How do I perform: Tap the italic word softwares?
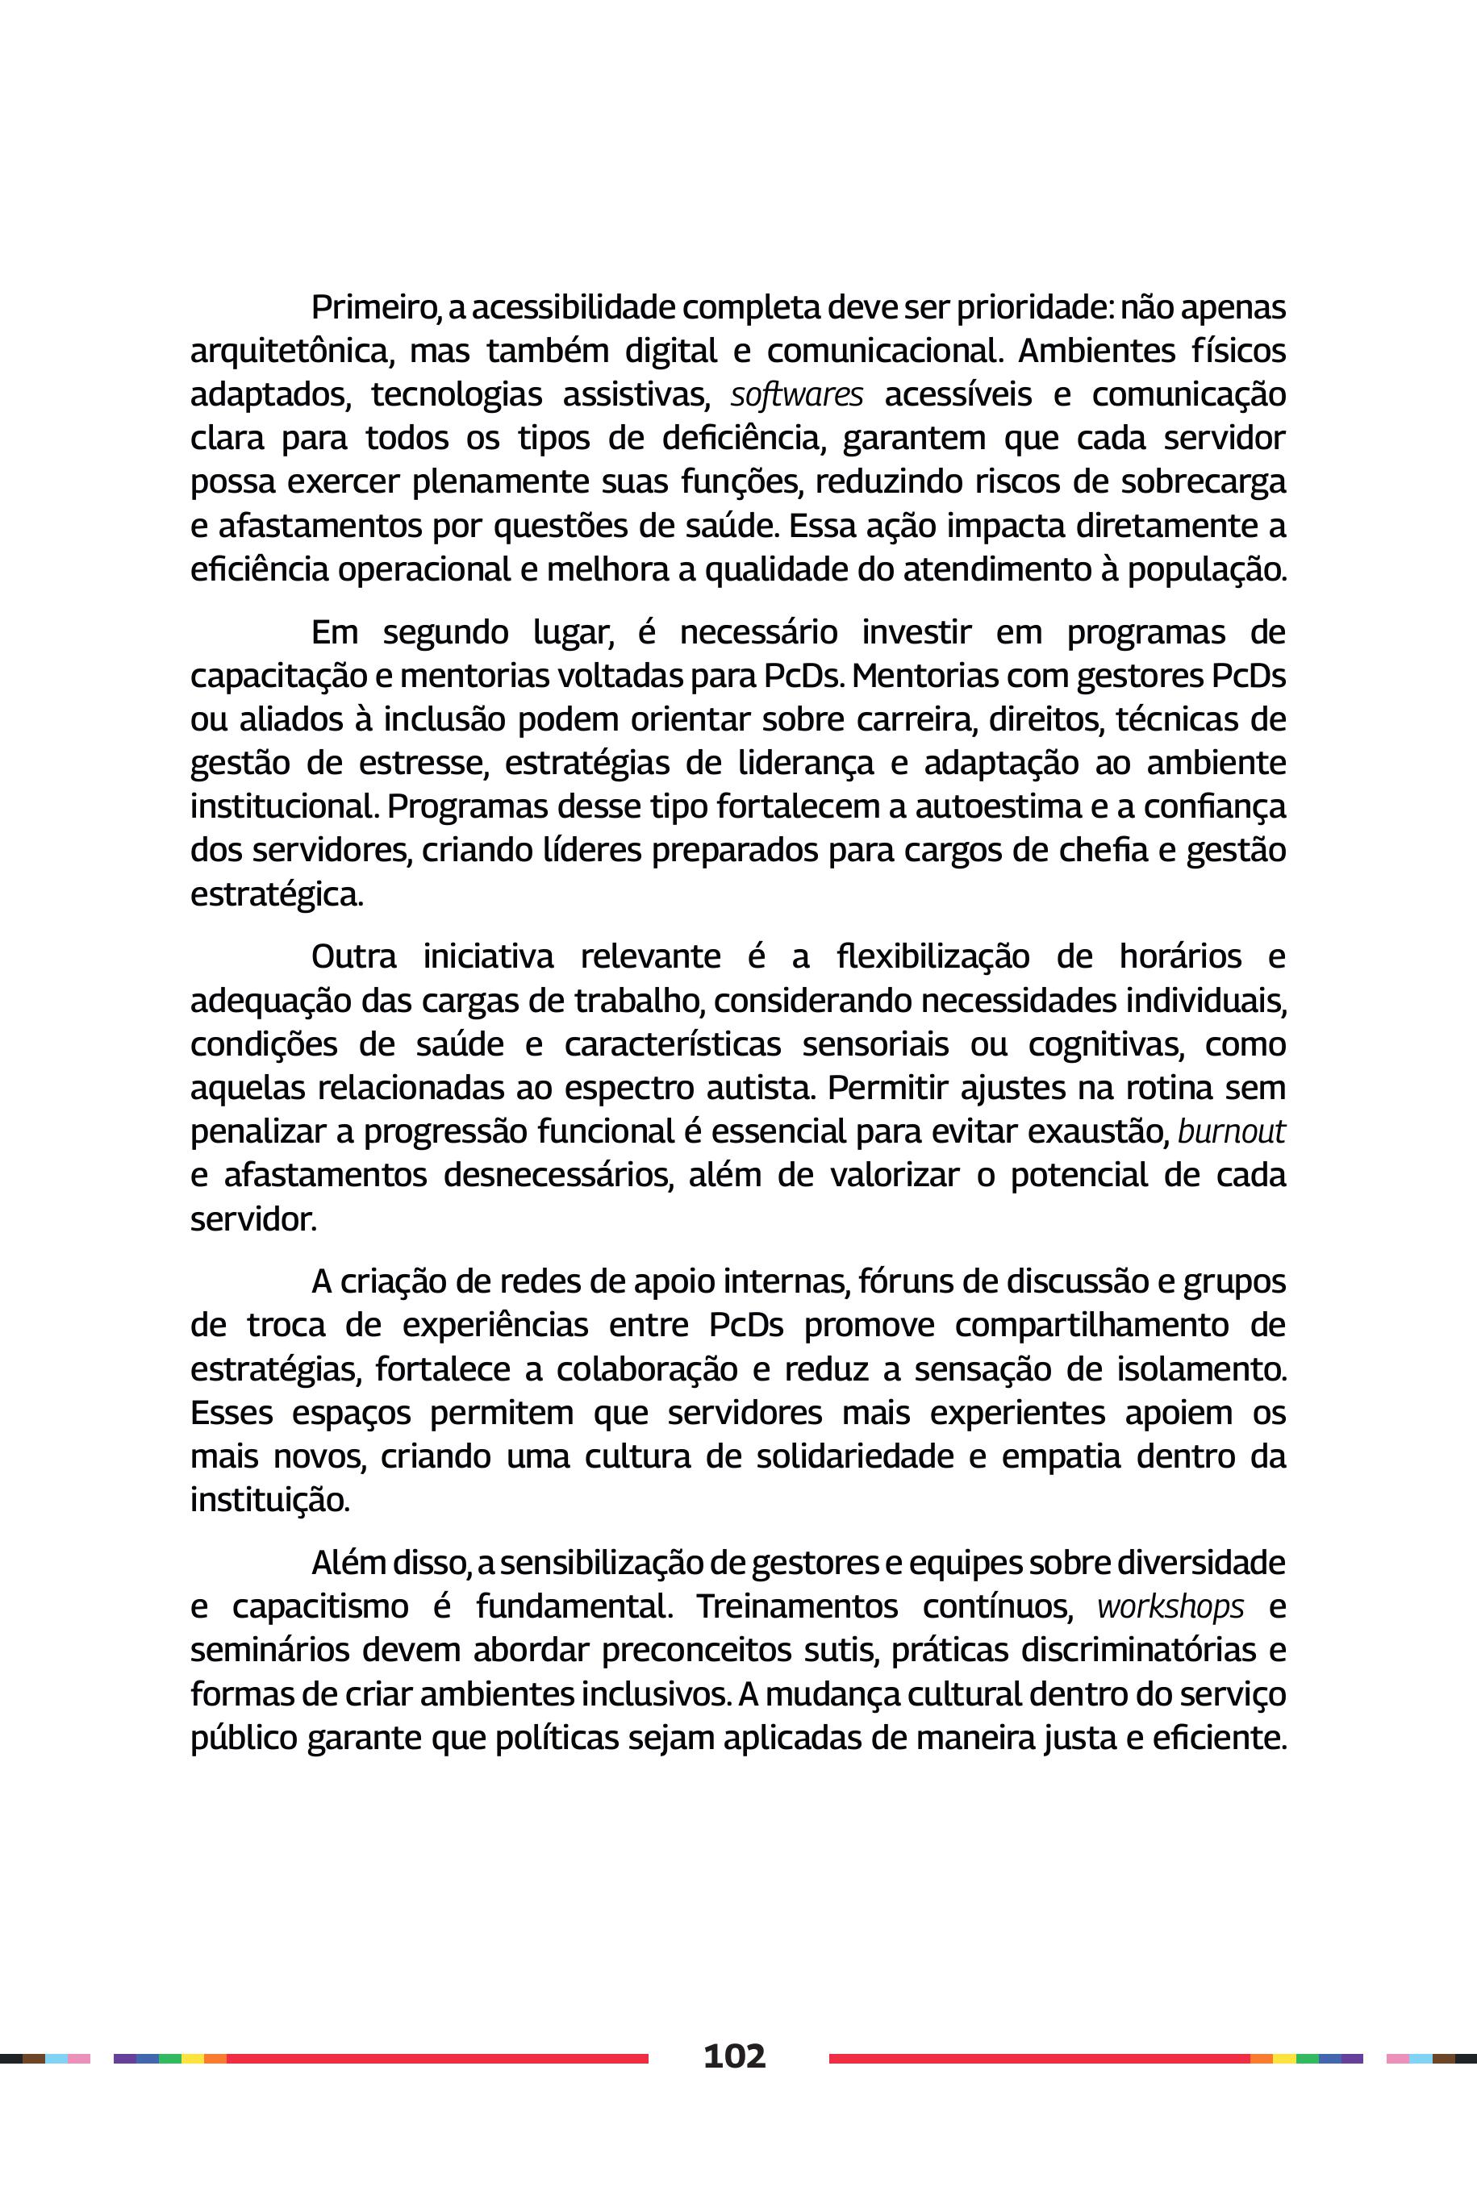[796, 395]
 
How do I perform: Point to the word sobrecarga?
[1203, 482]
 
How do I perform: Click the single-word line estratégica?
[276, 894]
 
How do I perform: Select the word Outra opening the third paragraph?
[353, 956]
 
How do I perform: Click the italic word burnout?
[1230, 1131]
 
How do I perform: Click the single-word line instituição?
[269, 1501]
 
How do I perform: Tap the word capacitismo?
[320, 1606]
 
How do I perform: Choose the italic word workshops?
[1170, 1606]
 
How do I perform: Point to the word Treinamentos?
[797, 1606]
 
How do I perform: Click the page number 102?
[735, 2056]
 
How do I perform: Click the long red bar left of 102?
[437, 2058]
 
